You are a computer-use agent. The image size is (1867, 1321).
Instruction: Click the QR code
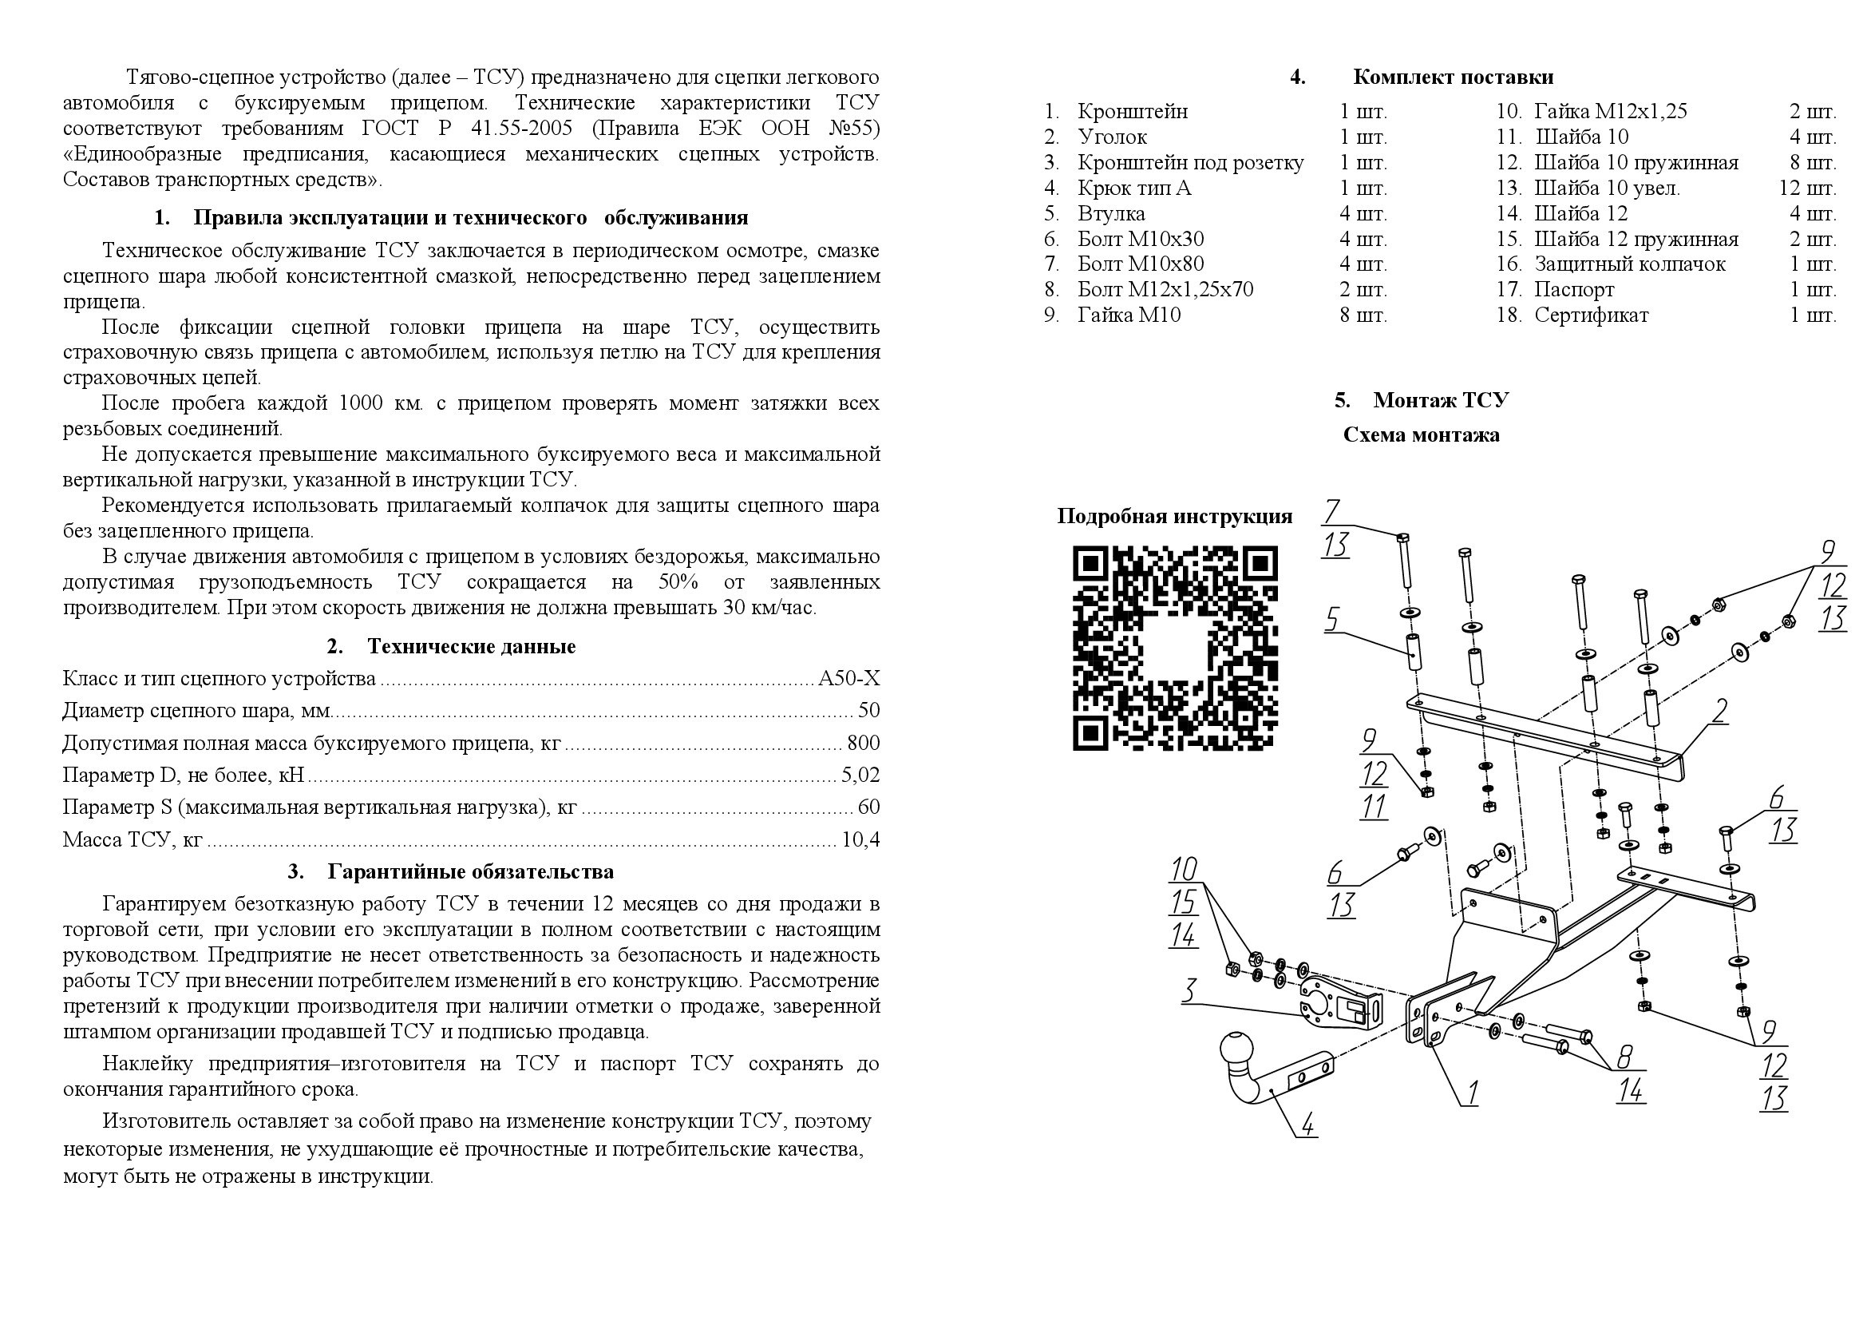(1175, 648)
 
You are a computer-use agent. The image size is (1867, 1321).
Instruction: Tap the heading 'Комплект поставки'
(1452, 77)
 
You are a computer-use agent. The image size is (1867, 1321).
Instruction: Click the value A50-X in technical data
(848, 678)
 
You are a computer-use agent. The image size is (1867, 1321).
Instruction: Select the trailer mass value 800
(863, 743)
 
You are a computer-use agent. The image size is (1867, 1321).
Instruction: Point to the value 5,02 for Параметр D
(860, 775)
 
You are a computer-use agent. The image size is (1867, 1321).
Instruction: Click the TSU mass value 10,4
(860, 839)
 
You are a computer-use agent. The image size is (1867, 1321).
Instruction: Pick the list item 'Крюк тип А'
(1133, 188)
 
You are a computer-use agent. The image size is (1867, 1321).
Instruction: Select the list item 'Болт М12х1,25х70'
(1165, 290)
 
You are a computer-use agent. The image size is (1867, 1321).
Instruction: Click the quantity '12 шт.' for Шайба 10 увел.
(1807, 188)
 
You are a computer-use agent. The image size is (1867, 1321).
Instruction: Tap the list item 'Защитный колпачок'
(1629, 264)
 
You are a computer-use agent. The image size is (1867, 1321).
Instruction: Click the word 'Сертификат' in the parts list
(1591, 315)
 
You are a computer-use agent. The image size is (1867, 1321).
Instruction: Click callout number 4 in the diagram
(1307, 1125)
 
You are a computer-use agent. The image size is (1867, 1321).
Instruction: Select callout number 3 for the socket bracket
(1189, 990)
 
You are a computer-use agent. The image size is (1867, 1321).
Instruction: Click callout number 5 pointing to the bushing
(1332, 619)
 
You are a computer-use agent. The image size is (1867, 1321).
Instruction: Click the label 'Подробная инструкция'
(1174, 517)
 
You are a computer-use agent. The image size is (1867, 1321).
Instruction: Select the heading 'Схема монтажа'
(1421, 435)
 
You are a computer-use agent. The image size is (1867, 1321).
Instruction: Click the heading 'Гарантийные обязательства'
(470, 872)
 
